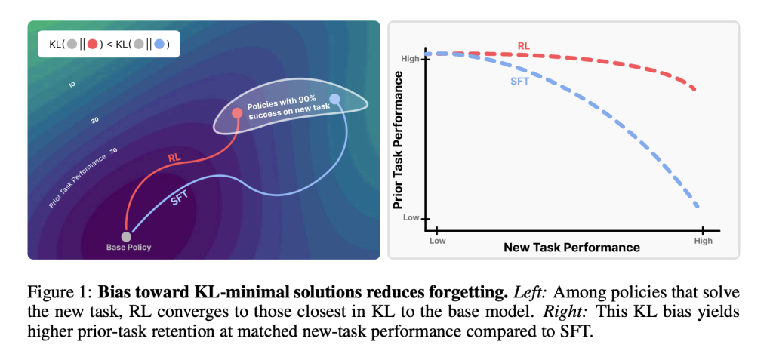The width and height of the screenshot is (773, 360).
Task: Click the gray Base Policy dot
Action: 126,237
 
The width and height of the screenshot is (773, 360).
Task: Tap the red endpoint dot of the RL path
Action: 236,113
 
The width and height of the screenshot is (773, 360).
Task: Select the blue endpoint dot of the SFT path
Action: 334,99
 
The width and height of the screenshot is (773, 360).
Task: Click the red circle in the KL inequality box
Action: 92,45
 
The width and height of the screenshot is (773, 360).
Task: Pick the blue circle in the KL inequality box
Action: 159,45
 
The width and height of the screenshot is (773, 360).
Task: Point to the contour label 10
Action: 72,85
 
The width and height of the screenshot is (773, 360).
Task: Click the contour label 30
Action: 95,119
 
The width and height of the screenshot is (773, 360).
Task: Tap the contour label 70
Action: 113,151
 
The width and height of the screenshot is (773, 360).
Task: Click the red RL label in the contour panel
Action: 175,158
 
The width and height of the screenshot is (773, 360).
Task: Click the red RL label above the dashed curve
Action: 523,45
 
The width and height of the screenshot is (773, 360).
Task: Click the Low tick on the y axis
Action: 411,218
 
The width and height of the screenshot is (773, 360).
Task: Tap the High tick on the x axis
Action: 702,241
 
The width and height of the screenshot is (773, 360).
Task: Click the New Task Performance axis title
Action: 571,248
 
